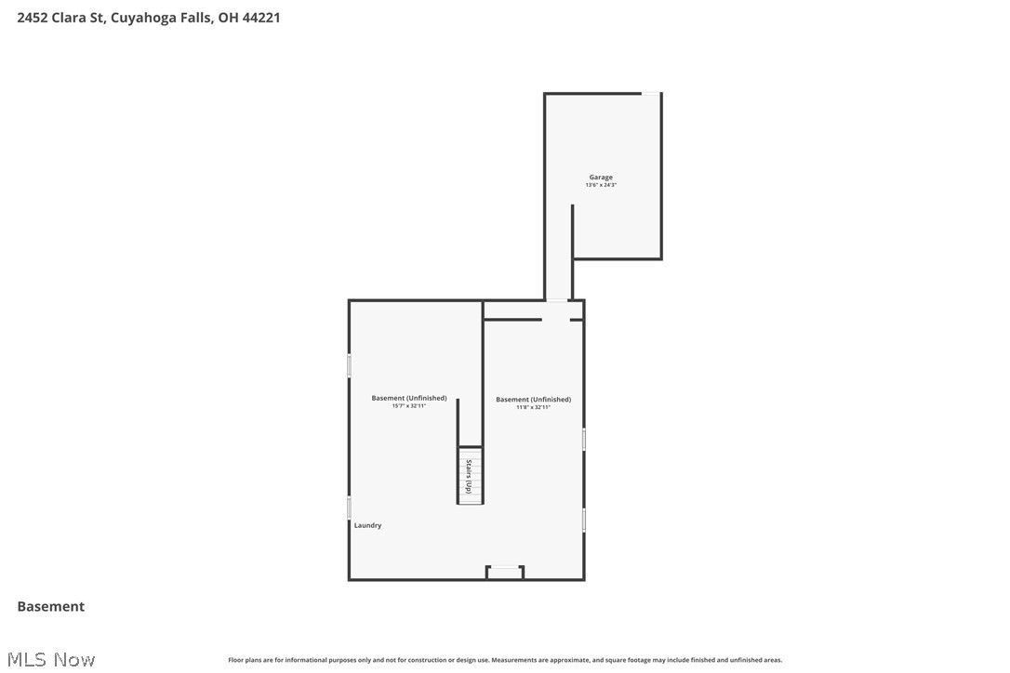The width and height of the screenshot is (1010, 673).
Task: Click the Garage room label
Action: (601, 177)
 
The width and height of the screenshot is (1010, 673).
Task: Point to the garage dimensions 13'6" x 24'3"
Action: (601, 185)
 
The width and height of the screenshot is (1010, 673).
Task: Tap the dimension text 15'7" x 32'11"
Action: (408, 406)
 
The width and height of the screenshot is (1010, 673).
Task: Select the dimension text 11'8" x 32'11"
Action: (533, 407)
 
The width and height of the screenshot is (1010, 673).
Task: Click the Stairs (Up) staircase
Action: (470, 477)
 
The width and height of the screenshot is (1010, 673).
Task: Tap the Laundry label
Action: (367, 525)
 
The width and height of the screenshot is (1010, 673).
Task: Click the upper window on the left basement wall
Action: (350, 365)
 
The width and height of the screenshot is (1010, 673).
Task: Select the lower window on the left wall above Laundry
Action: (350, 508)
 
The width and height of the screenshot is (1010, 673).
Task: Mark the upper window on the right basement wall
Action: (584, 440)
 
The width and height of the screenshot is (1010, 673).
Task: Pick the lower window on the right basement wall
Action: (584, 519)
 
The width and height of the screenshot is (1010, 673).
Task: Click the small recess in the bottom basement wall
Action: (505, 572)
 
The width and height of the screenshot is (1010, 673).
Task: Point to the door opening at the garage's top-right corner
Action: (651, 93)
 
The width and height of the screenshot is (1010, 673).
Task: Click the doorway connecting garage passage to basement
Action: (556, 300)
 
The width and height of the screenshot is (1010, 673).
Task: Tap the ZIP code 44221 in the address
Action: (261, 18)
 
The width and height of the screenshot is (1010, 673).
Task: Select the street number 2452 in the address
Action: (33, 18)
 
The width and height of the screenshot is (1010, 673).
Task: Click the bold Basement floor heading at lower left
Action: (51, 606)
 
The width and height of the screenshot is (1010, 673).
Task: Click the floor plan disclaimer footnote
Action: (505, 660)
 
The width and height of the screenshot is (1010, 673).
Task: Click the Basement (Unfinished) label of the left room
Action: (408, 398)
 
